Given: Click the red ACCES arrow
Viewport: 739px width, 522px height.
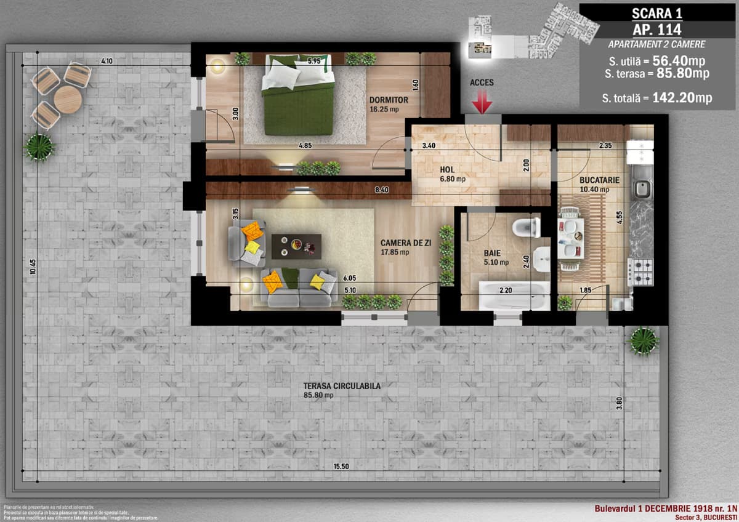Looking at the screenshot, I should [x=482, y=102].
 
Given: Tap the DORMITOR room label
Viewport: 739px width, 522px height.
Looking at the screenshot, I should [x=389, y=100].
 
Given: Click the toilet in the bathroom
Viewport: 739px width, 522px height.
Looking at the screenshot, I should [x=525, y=227].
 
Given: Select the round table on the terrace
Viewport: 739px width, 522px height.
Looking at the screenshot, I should [x=68, y=99].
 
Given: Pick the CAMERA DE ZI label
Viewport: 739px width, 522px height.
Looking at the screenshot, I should [x=405, y=243].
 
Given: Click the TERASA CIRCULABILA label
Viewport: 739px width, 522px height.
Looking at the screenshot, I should [x=342, y=387].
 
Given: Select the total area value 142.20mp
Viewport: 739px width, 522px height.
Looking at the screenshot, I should [x=684, y=98].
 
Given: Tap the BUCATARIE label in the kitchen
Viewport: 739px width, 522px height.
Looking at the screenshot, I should [x=599, y=180].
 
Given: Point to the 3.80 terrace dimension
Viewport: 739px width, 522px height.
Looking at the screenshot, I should [x=619, y=405].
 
